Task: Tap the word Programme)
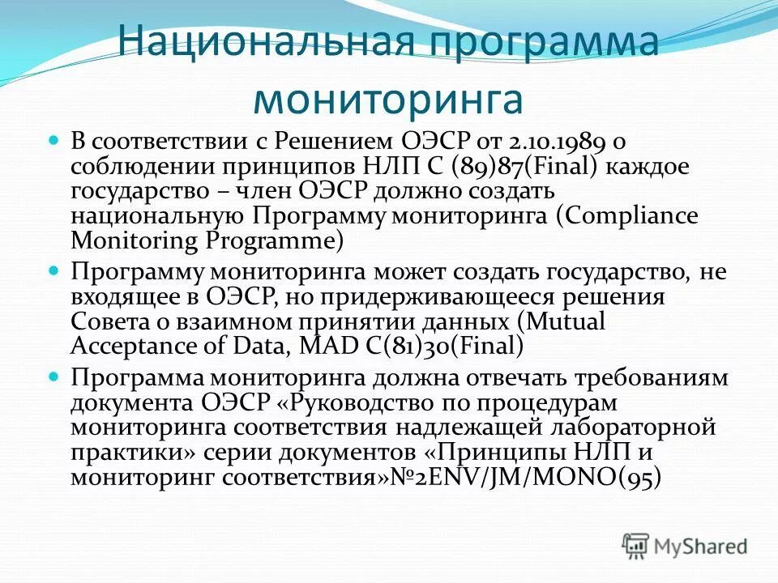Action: (x=276, y=241)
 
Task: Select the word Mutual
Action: (x=566, y=321)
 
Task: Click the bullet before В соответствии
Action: (x=54, y=140)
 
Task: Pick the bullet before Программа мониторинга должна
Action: (x=54, y=377)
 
